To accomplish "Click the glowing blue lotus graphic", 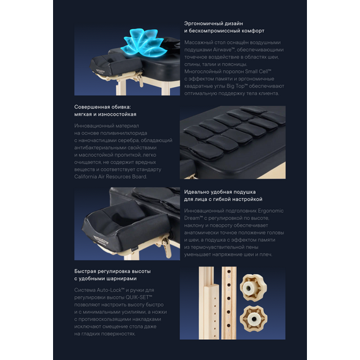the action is pos(144,42).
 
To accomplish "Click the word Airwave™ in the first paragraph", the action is pos(223,50).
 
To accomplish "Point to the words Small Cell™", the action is pos(258,71).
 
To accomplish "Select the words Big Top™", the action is pos(237,86).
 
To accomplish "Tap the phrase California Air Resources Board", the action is pos(111,177).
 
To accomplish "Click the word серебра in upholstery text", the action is pos(127,140).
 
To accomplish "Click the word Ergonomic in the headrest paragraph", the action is pos(271,211).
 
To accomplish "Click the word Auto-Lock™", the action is pos(111,290).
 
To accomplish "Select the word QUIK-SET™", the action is pos(139,297).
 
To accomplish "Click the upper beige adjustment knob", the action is pos(253,287).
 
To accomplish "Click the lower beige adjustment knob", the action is pos(253,319).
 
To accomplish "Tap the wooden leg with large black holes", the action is pos(229,303).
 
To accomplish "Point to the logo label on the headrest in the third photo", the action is pos(101,240).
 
